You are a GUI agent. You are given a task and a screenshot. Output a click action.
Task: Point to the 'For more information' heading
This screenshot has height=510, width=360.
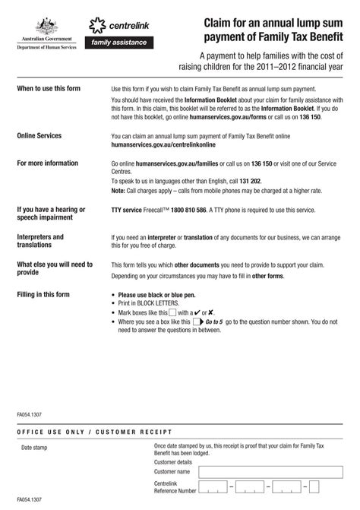[47, 163]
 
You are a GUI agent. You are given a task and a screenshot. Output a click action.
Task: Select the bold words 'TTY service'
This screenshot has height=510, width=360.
[127, 209]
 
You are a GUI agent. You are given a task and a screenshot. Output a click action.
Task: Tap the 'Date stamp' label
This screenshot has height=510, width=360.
[34, 448]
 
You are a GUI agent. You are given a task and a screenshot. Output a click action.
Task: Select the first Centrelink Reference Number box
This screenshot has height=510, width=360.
[213, 486]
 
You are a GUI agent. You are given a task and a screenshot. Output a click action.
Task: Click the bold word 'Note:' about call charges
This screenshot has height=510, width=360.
[120, 191]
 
